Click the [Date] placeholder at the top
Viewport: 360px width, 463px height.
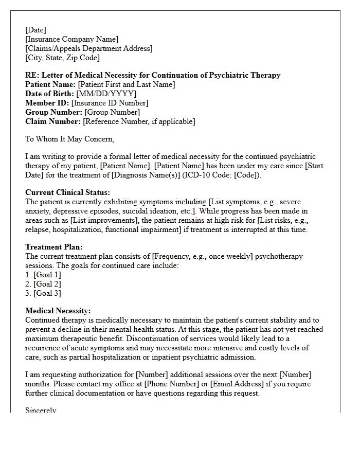click(35, 30)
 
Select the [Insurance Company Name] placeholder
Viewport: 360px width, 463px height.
click(71, 39)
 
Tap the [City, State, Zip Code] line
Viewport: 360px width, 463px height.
click(62, 58)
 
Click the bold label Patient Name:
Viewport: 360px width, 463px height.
click(50, 84)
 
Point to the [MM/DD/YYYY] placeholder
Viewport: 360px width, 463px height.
click(106, 94)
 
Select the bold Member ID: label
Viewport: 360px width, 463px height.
click(47, 103)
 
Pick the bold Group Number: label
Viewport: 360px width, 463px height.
click(53, 112)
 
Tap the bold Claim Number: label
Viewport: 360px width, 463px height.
click(53, 121)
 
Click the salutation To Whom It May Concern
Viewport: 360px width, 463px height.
click(69, 139)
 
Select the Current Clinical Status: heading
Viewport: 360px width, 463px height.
click(67, 192)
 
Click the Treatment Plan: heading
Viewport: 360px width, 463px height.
click(54, 247)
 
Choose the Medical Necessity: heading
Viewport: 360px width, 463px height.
click(58, 311)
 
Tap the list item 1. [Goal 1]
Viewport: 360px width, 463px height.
click(43, 275)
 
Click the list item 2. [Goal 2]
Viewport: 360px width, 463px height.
click(43, 284)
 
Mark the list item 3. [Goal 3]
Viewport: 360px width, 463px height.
click(43, 293)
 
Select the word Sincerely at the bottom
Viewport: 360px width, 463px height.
click(41, 411)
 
